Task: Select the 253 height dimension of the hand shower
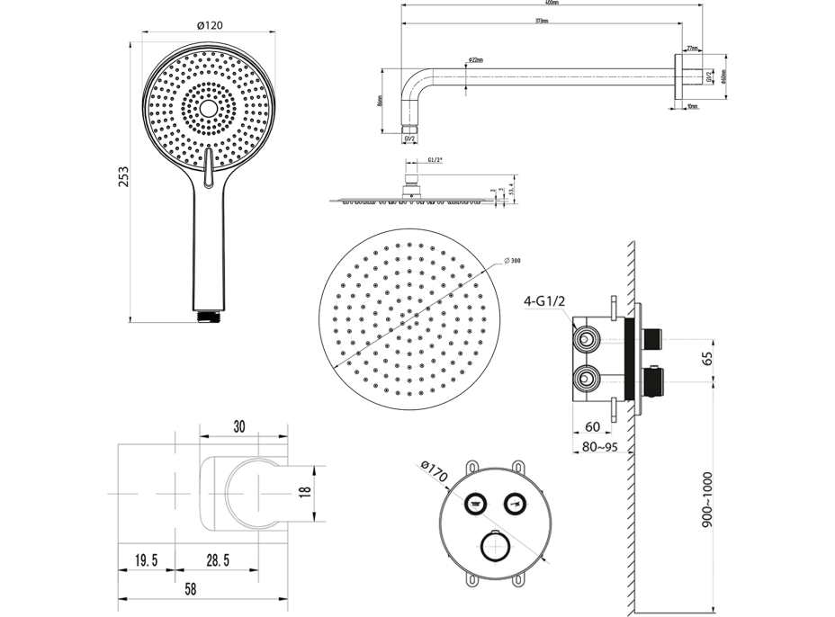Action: click(123, 180)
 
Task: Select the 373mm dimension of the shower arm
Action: click(540, 20)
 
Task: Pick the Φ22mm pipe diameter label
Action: click(475, 60)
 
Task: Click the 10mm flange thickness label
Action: click(691, 107)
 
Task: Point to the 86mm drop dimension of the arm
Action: click(380, 101)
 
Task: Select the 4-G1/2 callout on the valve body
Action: click(545, 302)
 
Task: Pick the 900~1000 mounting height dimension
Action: click(710, 504)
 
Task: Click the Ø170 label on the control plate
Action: click(435, 469)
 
